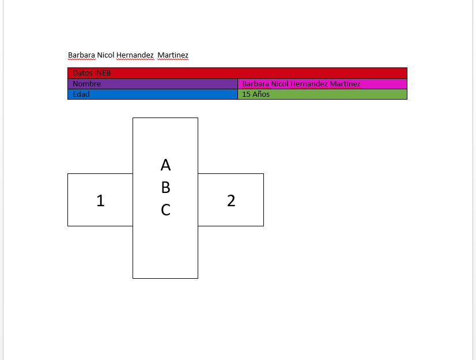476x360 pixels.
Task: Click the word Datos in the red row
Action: (x=82, y=73)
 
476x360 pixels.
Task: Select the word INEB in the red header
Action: (x=103, y=73)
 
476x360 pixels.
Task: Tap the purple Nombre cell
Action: (x=153, y=84)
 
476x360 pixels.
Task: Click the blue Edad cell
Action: (x=153, y=94)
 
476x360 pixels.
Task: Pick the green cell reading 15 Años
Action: (x=322, y=94)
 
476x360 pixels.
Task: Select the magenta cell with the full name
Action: (x=322, y=84)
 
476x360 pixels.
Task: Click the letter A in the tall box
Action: (x=165, y=165)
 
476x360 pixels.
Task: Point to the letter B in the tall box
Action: (x=165, y=188)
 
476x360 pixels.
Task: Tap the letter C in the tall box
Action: (x=165, y=210)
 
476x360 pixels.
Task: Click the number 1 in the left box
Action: (x=100, y=201)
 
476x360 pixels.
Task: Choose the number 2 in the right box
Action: (x=231, y=201)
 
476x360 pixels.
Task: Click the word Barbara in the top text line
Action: (x=82, y=55)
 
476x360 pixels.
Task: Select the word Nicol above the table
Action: (x=105, y=55)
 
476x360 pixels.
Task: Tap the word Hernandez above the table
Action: (x=135, y=55)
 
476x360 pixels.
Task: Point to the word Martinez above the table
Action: (x=173, y=55)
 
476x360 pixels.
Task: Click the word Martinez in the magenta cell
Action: (x=345, y=84)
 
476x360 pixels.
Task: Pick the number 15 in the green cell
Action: (x=246, y=94)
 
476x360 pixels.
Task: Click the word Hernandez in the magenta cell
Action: (x=309, y=84)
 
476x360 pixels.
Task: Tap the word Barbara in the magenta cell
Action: (x=256, y=84)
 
